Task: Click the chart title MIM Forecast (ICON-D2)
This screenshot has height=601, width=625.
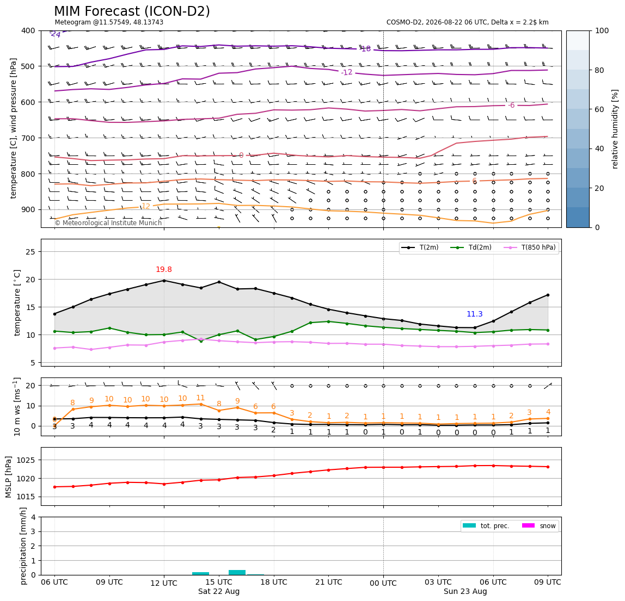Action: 132,11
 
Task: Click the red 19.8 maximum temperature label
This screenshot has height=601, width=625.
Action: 164,270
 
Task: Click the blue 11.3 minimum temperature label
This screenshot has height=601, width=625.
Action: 475,314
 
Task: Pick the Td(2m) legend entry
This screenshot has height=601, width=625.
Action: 471,247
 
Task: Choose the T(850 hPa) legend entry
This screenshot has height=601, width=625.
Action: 530,247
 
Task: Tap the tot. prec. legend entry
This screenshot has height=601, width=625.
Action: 486,526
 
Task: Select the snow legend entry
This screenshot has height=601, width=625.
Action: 539,526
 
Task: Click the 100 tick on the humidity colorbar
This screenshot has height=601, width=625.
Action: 602,30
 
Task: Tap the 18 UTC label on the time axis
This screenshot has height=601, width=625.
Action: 274,582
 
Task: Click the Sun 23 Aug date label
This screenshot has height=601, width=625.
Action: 465,591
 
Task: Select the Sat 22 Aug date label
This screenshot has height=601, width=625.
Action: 219,591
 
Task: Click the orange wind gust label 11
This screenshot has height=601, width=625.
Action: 200,398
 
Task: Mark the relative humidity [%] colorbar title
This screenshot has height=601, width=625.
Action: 615,129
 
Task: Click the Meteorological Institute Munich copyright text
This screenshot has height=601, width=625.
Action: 108,222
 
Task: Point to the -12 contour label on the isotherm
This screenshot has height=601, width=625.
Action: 346,72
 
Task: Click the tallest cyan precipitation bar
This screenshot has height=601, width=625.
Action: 237,572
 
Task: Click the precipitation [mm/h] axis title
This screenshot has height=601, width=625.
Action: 23,546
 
